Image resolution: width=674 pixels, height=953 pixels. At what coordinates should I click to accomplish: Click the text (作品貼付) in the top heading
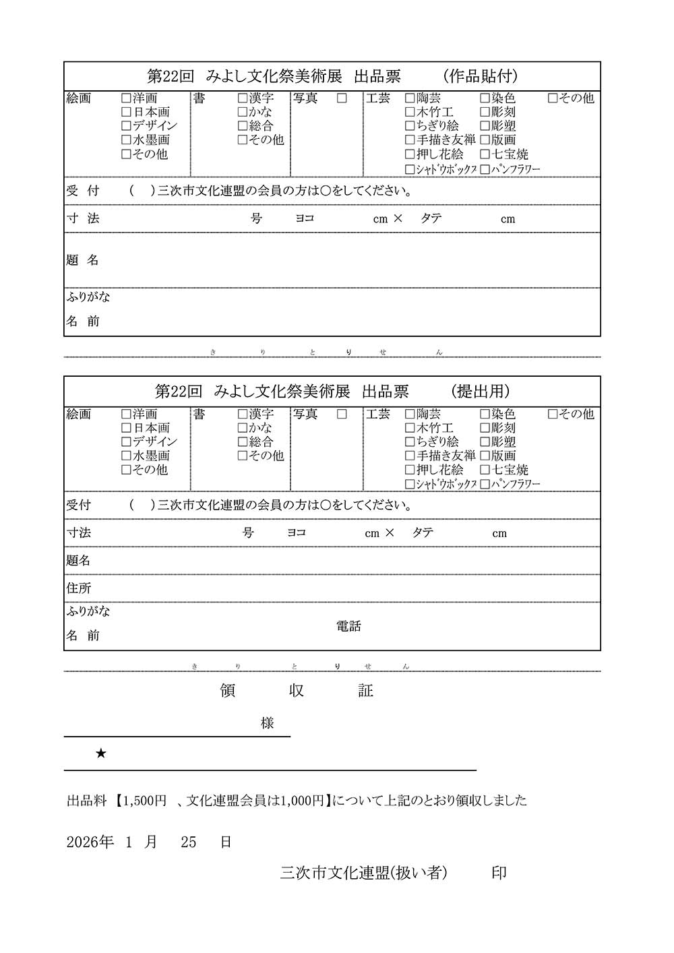tap(481, 76)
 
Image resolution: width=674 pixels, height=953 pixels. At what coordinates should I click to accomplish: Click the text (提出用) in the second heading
tap(481, 392)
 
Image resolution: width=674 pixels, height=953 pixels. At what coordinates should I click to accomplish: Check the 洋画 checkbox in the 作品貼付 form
tap(126, 98)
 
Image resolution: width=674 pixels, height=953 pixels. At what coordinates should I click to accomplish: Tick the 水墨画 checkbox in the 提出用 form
tap(126, 456)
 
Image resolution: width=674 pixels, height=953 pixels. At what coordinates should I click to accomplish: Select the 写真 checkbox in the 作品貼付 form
tap(342, 98)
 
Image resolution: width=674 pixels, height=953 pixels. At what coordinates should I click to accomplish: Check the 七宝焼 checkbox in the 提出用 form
tap(485, 470)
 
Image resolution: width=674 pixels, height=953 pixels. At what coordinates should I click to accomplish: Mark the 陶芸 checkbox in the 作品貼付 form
tap(410, 98)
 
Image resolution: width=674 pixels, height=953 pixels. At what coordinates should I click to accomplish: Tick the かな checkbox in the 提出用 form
tap(243, 428)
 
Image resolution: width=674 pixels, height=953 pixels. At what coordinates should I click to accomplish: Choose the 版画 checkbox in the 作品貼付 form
tap(485, 140)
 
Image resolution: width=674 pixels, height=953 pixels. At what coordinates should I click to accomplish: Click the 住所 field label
tap(79, 588)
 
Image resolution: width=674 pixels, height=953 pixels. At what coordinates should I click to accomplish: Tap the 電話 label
tap(348, 627)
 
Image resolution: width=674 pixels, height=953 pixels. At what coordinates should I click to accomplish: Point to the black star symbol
tap(101, 754)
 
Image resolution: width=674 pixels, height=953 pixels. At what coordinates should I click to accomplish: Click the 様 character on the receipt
tap(268, 723)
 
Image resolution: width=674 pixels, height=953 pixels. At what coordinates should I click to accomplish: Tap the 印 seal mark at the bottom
tap(499, 873)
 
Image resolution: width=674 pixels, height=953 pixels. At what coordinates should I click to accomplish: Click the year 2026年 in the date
tap(90, 842)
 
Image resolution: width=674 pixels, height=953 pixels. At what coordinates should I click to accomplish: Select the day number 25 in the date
tap(189, 842)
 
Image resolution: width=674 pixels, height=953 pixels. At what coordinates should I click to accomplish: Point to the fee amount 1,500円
tap(144, 801)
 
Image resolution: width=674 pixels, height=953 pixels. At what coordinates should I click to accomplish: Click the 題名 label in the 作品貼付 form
tap(83, 260)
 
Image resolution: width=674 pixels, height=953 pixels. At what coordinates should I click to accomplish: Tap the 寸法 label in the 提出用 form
tap(79, 533)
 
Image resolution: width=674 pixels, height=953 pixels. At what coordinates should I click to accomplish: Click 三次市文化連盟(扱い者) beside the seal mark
tap(364, 873)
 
